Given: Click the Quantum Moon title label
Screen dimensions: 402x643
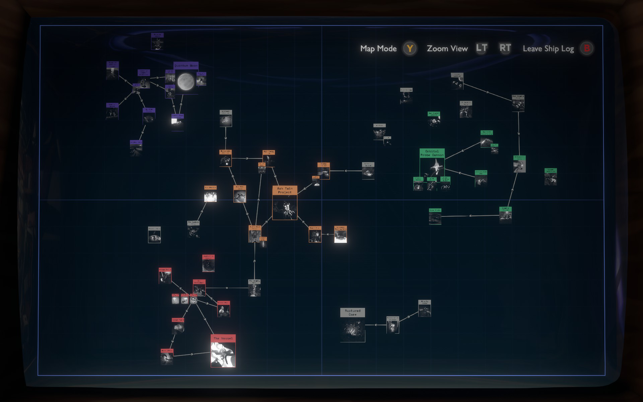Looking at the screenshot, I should (186, 66).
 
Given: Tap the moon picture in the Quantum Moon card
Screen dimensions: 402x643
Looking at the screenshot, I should (186, 82).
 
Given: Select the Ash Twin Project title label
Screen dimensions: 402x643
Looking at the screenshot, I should (285, 190).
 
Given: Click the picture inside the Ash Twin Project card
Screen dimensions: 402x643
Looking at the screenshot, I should (285, 207).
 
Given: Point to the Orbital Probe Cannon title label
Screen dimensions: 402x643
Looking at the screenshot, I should (432, 153).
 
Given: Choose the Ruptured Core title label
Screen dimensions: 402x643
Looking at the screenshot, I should (353, 313).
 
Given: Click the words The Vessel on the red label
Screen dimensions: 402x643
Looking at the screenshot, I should (223, 338).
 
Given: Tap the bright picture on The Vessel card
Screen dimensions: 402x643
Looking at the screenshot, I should (223, 355).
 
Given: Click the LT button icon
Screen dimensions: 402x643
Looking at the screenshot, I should (482, 48).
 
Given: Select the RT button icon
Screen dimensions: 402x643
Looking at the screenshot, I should (505, 48).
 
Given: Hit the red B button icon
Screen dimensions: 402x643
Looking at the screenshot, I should (587, 49).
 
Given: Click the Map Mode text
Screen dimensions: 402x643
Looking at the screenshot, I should (378, 49).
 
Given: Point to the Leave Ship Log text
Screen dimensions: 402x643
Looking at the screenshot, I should (548, 49).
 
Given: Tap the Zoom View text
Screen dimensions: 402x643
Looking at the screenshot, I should (447, 49).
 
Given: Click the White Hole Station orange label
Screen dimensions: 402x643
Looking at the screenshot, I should (225, 152).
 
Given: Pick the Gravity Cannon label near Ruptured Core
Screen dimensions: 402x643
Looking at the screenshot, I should (424, 302).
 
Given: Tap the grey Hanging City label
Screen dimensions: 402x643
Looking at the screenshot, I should (254, 282).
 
